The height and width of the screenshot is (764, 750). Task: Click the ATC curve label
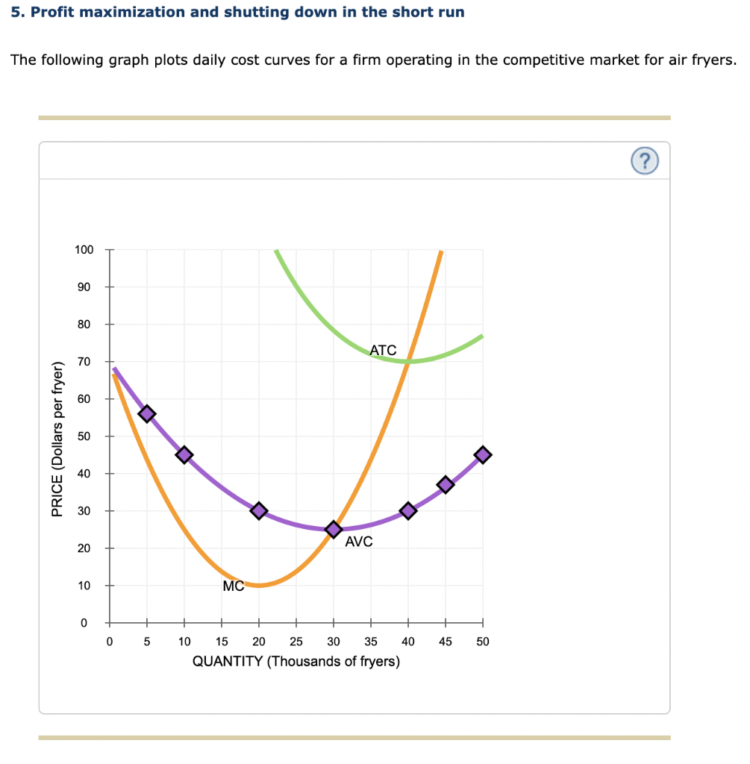click(383, 349)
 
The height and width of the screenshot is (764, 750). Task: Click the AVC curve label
click(358, 542)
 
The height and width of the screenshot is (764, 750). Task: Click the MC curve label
click(233, 586)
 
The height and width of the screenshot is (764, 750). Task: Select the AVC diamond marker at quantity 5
click(147, 413)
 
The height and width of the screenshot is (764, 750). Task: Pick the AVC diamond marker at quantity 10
click(184, 454)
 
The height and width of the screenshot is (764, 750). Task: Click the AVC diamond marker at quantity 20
click(259, 510)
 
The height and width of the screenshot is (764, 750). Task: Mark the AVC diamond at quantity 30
click(334, 529)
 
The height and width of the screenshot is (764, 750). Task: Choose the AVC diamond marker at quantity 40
click(408, 510)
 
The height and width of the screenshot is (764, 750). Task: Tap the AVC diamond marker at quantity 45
click(446, 484)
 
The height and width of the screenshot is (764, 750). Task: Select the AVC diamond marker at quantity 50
click(483, 454)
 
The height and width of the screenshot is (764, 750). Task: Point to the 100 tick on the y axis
click(84, 250)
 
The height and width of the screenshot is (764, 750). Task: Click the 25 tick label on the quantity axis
click(296, 641)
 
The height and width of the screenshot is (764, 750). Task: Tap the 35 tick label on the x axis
click(371, 641)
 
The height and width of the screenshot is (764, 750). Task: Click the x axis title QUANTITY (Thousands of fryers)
click(296, 662)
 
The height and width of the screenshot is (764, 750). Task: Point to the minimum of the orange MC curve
click(259, 585)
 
